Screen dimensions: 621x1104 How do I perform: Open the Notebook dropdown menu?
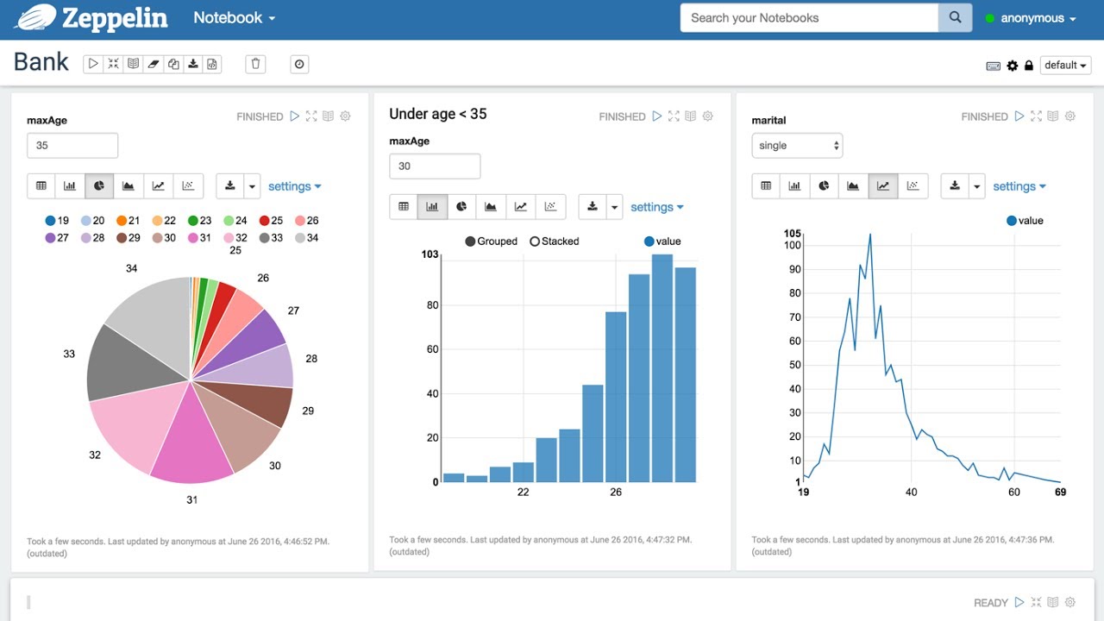pos(234,18)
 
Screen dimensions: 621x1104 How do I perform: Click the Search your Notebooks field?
pos(808,18)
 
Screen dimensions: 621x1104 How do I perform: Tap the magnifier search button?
pos(955,18)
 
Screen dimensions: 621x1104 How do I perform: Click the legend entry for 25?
pos(271,221)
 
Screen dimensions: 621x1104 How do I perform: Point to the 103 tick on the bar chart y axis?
pos(430,254)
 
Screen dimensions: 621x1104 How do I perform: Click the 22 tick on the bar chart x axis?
pos(523,492)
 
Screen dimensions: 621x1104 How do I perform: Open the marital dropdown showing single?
pos(796,146)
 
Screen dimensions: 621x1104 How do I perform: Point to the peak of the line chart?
pos(869,234)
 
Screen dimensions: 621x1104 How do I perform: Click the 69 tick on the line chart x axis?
pos(1059,492)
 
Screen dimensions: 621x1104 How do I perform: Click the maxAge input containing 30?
pos(434,166)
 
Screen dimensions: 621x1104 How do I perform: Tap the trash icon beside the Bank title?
pos(254,64)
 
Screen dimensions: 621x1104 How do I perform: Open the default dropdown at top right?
pos(1065,66)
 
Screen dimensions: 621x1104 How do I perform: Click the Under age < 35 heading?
pos(437,114)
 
